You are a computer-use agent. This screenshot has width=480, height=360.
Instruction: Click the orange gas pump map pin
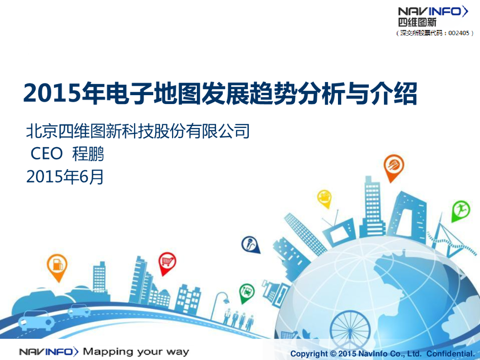click(x=57, y=265)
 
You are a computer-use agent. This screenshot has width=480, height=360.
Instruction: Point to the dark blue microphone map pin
click(x=250, y=244)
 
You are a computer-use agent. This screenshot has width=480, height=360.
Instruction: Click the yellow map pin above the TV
click(x=324, y=197)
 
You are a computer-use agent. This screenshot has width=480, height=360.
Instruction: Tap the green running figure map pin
click(x=460, y=210)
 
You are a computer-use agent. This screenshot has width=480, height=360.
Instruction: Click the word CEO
click(x=46, y=154)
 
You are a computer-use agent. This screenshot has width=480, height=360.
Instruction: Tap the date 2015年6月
click(x=65, y=177)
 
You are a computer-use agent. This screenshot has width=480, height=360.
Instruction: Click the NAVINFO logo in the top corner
click(x=432, y=11)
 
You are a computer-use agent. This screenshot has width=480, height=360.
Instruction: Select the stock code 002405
click(x=458, y=33)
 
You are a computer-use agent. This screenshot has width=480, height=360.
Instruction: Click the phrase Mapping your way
click(x=136, y=352)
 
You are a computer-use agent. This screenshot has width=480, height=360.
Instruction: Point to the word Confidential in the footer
click(x=450, y=353)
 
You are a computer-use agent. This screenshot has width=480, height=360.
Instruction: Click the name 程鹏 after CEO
click(x=88, y=154)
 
